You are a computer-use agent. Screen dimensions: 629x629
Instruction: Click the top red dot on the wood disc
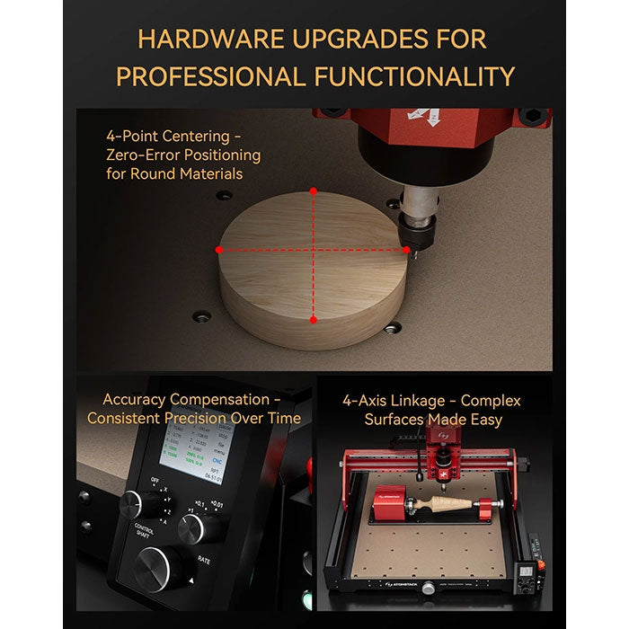[x=313, y=191]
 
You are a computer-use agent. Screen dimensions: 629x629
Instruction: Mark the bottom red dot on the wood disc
[x=313, y=319]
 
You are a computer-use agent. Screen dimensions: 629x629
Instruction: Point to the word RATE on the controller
[x=202, y=558]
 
